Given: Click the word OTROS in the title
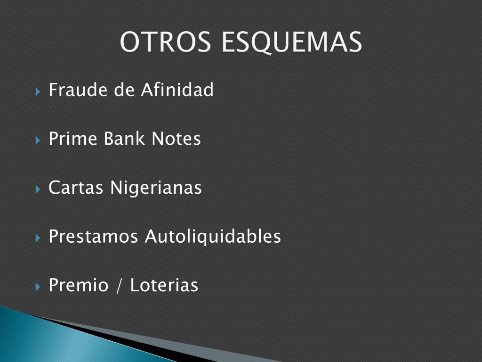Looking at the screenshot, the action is (x=165, y=41).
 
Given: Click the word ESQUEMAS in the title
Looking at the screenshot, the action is (x=291, y=42).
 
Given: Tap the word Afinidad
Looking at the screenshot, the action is (x=177, y=90).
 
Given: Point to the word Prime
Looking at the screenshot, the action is (x=73, y=138).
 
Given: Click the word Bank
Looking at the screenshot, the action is (x=124, y=138).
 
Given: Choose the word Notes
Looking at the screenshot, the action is (x=176, y=139).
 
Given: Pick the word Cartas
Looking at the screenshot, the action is (x=76, y=187).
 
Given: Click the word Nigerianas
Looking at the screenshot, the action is (x=156, y=188).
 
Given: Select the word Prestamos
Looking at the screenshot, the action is (x=93, y=237).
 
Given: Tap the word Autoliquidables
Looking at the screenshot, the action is (x=213, y=237).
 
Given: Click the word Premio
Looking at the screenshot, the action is (x=79, y=285).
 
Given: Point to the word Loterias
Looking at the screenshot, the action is (x=164, y=285).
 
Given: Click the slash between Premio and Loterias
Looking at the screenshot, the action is (x=119, y=285).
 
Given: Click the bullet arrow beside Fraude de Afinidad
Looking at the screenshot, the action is (x=38, y=91).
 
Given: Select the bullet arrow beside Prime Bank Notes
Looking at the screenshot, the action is (x=38, y=140).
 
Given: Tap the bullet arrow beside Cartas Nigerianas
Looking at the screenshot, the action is (x=38, y=189).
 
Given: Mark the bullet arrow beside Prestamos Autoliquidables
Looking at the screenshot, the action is (x=38, y=238).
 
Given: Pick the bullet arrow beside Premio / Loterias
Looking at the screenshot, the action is (x=38, y=287).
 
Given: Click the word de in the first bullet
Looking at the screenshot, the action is (x=124, y=90).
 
